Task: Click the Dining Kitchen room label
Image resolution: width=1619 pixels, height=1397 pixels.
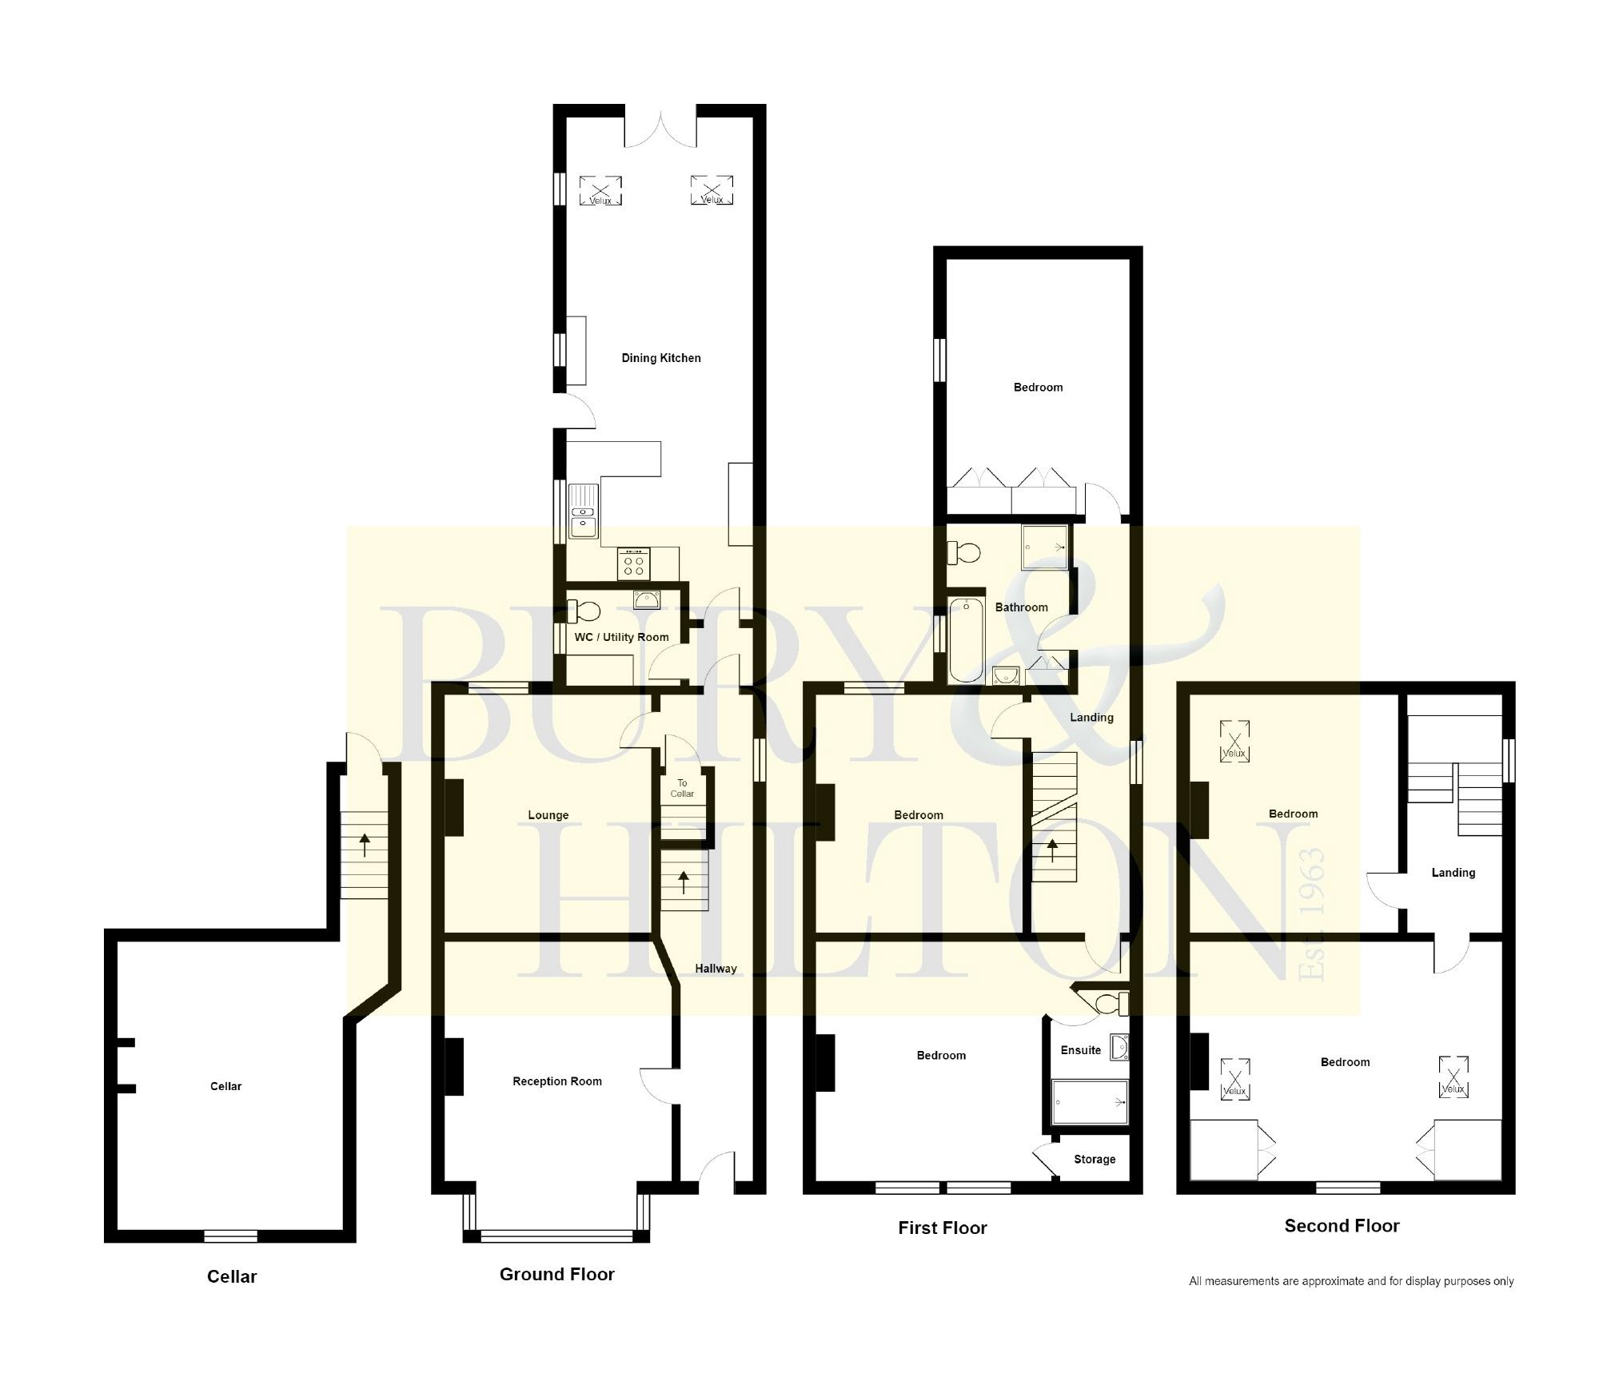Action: pyautogui.click(x=660, y=358)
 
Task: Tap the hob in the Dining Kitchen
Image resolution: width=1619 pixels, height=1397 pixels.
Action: pyautogui.click(x=634, y=565)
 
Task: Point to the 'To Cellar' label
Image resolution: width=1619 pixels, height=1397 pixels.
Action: pyautogui.click(x=681, y=788)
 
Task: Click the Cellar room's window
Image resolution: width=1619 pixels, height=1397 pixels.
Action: pyautogui.click(x=230, y=1236)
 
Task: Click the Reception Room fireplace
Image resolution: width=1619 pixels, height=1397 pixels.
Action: pyautogui.click(x=453, y=1066)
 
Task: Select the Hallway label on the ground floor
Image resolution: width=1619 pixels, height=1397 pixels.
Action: pyautogui.click(x=715, y=969)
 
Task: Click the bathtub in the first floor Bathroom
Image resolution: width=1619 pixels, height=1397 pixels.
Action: pyautogui.click(x=966, y=639)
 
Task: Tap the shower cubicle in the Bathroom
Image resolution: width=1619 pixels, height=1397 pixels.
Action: pyautogui.click(x=1044, y=547)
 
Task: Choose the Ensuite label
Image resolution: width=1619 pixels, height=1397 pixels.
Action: pyautogui.click(x=1080, y=1050)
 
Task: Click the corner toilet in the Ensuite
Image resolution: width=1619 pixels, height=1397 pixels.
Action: pyautogui.click(x=1108, y=1003)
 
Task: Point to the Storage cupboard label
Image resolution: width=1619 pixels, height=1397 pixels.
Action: pyautogui.click(x=1094, y=1159)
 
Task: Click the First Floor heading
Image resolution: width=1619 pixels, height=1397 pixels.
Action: pyautogui.click(x=942, y=1228)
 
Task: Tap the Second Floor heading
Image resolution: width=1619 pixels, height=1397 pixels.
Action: pyautogui.click(x=1341, y=1225)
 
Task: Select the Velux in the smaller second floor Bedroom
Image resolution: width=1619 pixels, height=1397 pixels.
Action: pyautogui.click(x=1234, y=741)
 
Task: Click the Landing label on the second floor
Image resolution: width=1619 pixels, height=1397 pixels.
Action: pyautogui.click(x=1452, y=873)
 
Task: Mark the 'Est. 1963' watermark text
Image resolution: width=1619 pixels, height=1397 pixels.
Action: pyautogui.click(x=1312, y=915)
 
